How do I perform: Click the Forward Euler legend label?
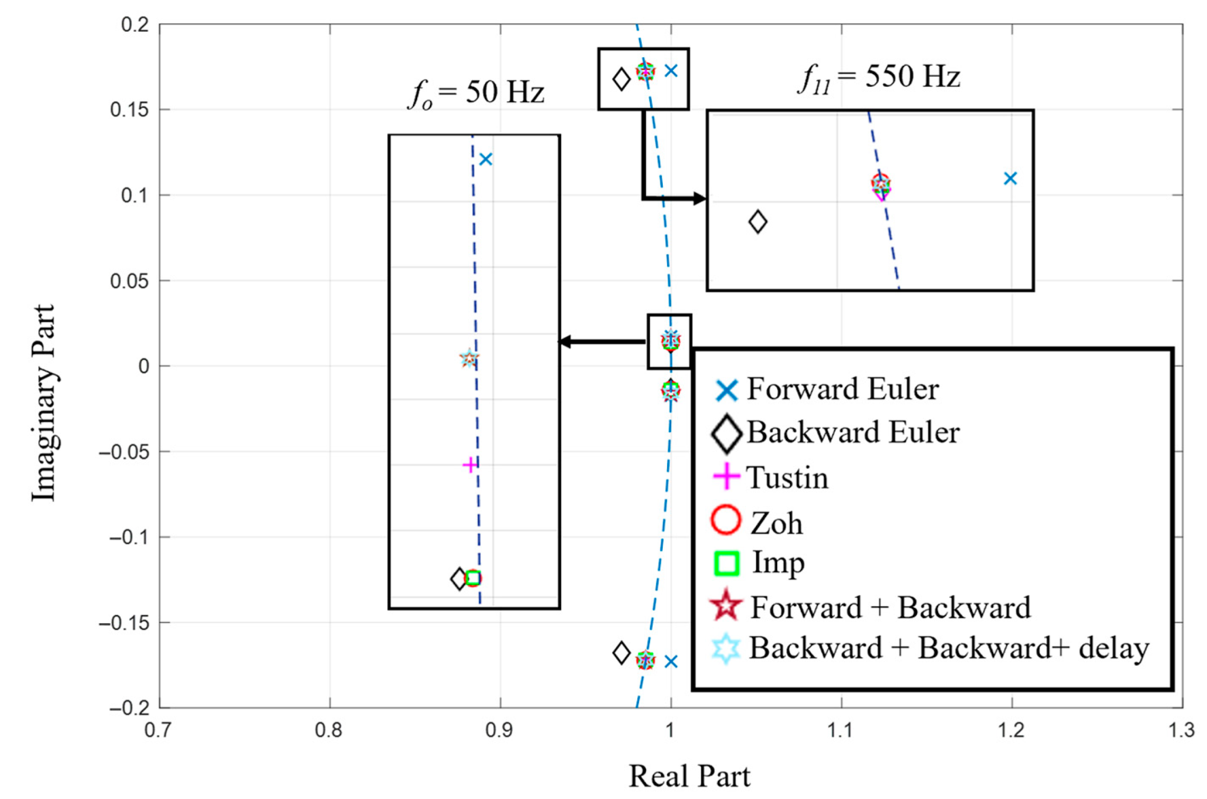pos(842,389)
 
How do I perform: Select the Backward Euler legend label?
pos(853,433)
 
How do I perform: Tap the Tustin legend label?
pos(787,478)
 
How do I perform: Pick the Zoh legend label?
pos(776,524)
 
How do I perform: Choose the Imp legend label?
pos(778,563)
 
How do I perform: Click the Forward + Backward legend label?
pos(890,607)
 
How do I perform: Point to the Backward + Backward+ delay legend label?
pos(949,648)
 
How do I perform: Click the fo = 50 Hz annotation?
pos(476,93)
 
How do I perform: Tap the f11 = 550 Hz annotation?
pos(878,78)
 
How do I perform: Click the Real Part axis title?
pos(689,776)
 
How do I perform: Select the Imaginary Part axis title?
pos(43,402)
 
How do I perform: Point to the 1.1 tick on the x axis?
pos(841,731)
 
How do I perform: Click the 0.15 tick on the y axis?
pos(129,110)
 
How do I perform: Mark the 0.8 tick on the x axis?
pos(329,731)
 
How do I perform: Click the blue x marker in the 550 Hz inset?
pos(1010,178)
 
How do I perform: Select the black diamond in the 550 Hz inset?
pos(758,222)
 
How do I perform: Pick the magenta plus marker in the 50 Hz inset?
pos(470,465)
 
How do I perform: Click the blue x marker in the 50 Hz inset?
pos(485,159)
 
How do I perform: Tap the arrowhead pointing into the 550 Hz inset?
pos(700,199)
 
